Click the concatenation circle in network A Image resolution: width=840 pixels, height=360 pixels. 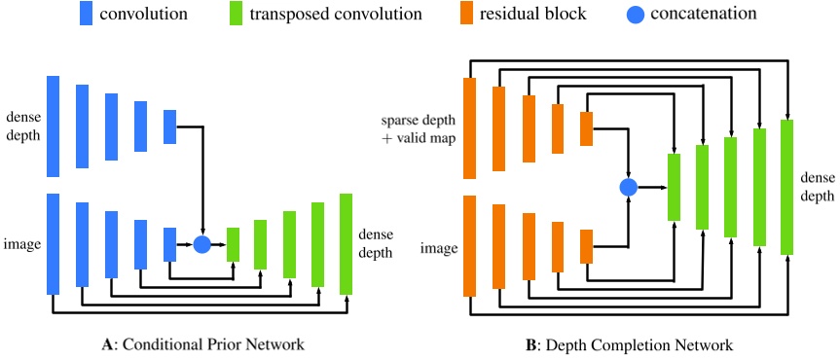(x=202, y=243)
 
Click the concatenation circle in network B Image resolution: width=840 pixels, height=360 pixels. (x=628, y=187)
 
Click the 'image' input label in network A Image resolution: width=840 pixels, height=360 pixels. (x=22, y=243)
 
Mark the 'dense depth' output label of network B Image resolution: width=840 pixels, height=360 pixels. (x=817, y=187)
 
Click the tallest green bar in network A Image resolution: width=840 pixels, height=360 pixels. (x=346, y=243)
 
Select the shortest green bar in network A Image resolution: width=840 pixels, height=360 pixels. (x=233, y=244)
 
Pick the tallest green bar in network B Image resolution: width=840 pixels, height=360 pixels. (x=787, y=187)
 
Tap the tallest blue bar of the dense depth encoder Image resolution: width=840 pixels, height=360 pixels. (x=53, y=125)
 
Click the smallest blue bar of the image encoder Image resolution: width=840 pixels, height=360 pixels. (x=169, y=244)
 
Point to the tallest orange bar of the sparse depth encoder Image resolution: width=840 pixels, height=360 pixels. (x=470, y=128)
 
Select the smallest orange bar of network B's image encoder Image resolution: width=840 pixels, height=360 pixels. (x=587, y=246)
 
